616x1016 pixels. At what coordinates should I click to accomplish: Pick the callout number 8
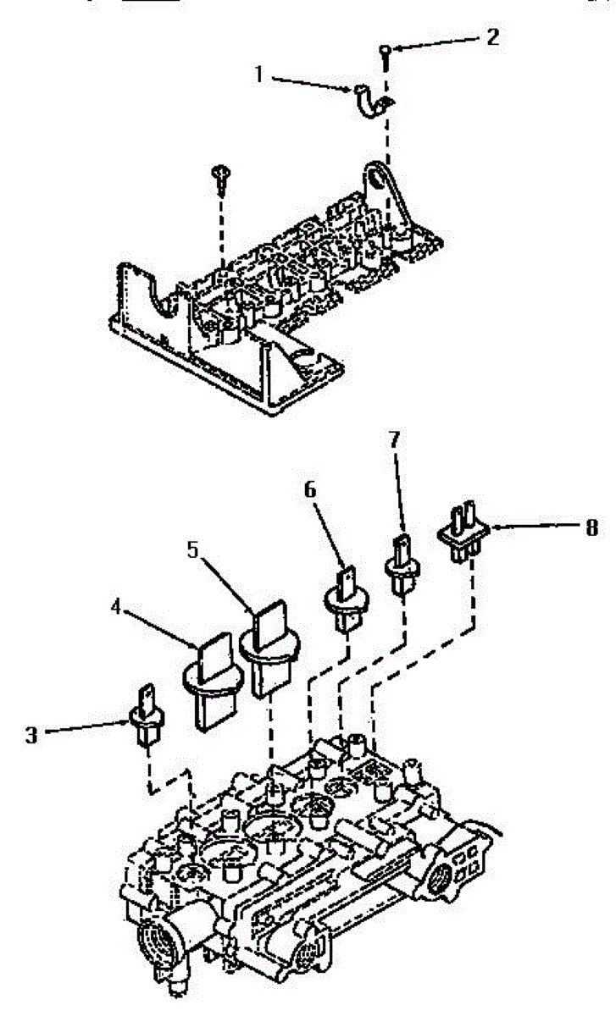591,527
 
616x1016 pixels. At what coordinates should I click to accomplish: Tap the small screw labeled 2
386,53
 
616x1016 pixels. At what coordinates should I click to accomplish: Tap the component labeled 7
403,563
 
